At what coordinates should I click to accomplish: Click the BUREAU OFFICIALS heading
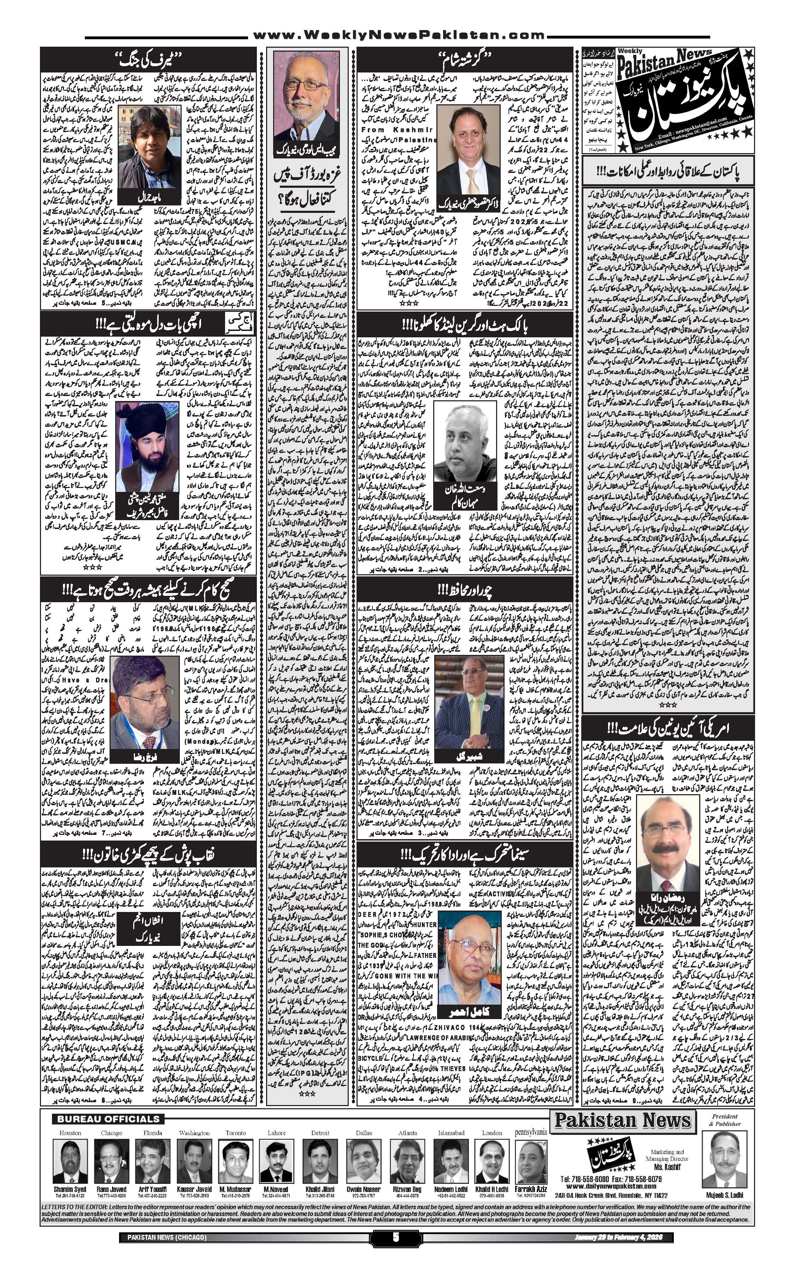coord(108,1119)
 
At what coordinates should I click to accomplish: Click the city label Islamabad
coord(450,1133)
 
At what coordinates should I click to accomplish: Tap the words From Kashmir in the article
coord(397,129)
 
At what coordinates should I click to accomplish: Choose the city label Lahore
coord(277,1133)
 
